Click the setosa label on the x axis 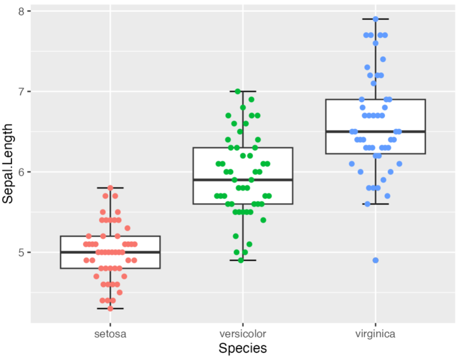point(111,334)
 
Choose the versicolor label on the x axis point(243,334)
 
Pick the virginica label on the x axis point(375,334)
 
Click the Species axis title point(243,348)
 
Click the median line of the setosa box point(111,252)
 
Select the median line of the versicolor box point(243,180)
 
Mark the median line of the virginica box point(375,131)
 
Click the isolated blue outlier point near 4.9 point(375,260)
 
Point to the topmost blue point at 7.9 point(375,19)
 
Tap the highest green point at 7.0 point(238,91)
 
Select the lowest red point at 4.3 point(110,308)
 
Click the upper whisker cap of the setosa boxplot point(111,188)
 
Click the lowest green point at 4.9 point(241,260)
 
